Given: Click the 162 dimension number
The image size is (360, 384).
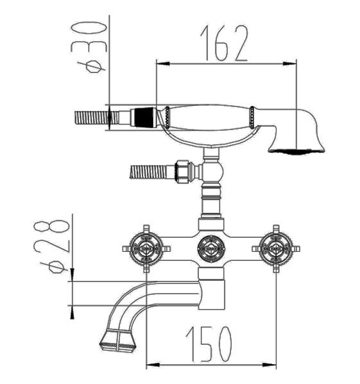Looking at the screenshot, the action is coord(224,43).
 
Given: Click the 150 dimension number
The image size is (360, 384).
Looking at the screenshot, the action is coord(209,344).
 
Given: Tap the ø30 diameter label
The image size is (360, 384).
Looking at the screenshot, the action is coord(89,47).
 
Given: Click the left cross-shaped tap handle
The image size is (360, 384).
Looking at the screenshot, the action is coord(146,249).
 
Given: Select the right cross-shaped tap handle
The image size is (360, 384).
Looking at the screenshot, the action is coord(276,249).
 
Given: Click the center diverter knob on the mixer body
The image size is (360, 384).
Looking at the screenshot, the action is coord(211,249).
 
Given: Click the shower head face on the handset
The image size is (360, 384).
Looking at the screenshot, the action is coord(296,151).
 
